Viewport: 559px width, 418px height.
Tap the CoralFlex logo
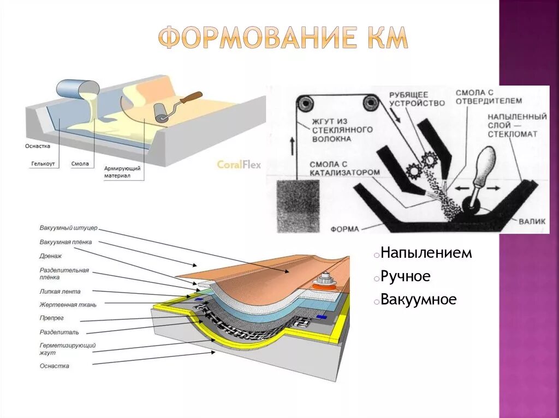pos(239,165)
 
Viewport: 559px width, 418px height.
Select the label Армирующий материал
pos(122,172)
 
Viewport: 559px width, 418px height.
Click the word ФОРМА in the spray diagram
pos(344,228)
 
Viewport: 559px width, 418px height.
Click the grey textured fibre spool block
pos(298,205)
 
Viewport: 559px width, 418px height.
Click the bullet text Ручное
pos(405,276)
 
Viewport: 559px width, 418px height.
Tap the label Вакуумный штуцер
pos(68,228)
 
